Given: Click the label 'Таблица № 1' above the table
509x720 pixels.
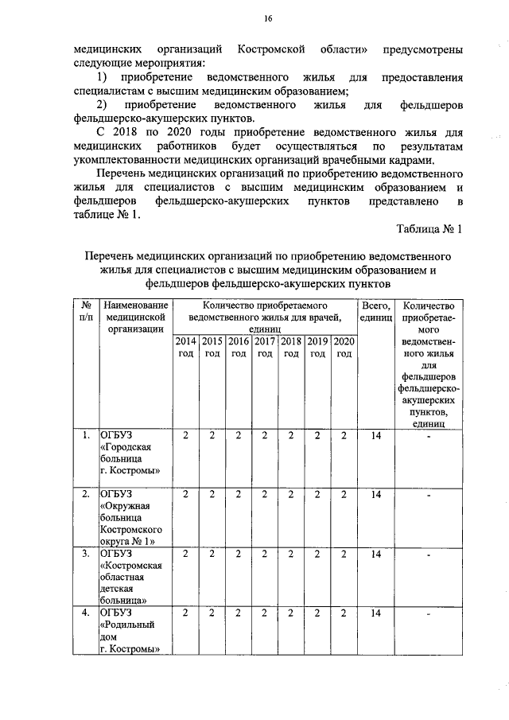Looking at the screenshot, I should pos(429,229).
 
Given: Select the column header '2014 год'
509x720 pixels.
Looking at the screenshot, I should pos(185,347).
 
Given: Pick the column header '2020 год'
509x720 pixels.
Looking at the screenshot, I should pos(344,347).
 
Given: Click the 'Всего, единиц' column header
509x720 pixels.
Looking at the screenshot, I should pos(375,311).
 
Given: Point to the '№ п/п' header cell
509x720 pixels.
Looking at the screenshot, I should pos(84,311).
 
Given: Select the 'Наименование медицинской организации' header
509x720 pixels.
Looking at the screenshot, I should pos(136,317).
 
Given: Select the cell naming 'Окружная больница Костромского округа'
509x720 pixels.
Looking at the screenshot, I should pos(131,518).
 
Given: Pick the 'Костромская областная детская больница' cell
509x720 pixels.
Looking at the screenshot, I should pos(131,578).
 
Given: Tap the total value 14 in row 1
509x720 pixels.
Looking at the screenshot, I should pos(375,435).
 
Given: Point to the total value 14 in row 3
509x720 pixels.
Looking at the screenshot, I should pos(375,554).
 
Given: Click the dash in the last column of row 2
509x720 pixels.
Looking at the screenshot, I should pos(428,496).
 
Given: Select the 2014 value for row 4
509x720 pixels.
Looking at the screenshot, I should pos(185,613).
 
